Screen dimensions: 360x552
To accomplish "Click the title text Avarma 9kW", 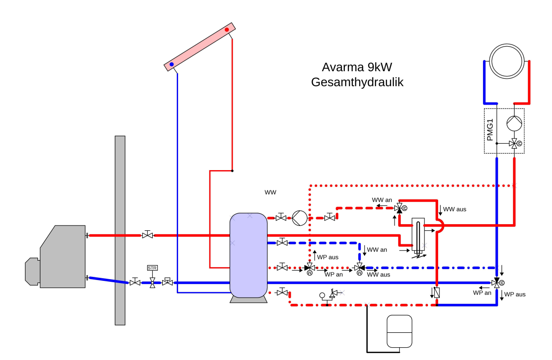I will point(357,68).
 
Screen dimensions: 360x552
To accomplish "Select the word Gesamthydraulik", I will point(357,82).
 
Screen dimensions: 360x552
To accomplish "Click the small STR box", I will point(152,268).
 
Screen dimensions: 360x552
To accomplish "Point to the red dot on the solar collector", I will point(227,30).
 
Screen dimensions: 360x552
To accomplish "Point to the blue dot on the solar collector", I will point(172,64).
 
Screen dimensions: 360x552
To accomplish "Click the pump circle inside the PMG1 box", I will point(514,124).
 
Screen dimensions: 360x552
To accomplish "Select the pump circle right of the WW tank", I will point(299,217).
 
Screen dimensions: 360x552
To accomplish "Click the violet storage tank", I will point(249,255).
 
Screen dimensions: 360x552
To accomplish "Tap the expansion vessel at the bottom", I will point(398,330).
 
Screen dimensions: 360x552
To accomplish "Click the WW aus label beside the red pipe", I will point(454,209).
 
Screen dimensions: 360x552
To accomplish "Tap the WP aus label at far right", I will point(515,295).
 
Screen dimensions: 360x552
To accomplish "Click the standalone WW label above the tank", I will point(271,193).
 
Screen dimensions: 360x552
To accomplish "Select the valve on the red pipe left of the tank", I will point(147,235).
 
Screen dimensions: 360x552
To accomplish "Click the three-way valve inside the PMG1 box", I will point(513,143).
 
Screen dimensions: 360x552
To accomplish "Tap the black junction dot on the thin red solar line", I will point(232,171).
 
